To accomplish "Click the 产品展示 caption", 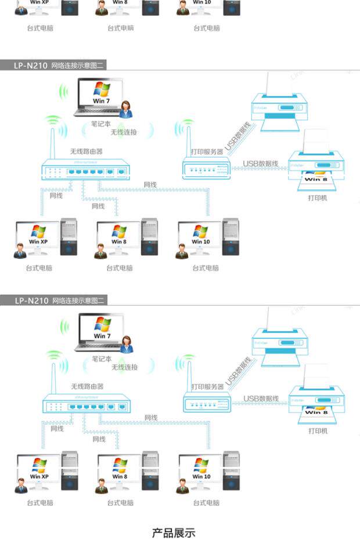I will [x=174, y=533].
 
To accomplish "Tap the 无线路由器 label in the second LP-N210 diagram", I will [x=87, y=386].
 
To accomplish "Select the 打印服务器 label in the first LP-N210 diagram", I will [x=207, y=151].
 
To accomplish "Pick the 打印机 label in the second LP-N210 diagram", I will [x=318, y=431].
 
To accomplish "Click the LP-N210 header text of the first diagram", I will [x=30, y=66].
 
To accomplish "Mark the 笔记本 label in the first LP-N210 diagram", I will [x=101, y=124].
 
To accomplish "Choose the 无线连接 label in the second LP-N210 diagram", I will [x=124, y=367].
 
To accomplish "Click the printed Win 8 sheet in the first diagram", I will [x=316, y=179].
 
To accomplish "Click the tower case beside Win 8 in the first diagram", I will [x=149, y=237].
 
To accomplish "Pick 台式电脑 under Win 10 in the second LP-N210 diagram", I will [x=206, y=502].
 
